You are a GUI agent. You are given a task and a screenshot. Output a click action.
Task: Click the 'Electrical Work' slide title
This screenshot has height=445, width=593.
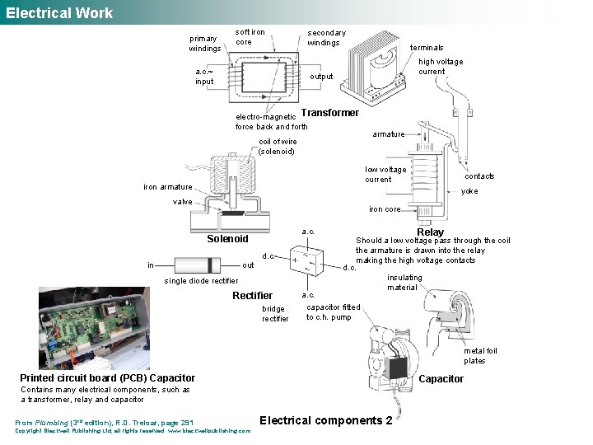pyautogui.click(x=59, y=12)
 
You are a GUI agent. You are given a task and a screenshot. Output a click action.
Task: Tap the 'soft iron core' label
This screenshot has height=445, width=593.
pyautogui.click(x=250, y=37)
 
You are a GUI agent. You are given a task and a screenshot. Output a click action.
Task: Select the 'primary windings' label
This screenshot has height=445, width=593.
pyautogui.click(x=205, y=44)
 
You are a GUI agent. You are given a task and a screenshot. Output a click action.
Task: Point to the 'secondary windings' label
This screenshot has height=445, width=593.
pyautogui.click(x=327, y=38)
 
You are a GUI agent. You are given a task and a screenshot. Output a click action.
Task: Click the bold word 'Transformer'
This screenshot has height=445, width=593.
pyautogui.click(x=331, y=113)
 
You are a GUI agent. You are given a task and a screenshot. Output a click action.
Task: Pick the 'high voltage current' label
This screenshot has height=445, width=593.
pyautogui.click(x=441, y=67)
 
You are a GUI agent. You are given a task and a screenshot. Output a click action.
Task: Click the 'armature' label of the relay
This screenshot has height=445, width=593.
pyautogui.click(x=388, y=133)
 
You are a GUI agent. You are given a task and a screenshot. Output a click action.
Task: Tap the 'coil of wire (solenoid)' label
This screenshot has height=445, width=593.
pyautogui.click(x=277, y=146)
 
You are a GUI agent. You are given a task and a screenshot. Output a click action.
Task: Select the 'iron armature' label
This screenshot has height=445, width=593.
pyautogui.click(x=167, y=187)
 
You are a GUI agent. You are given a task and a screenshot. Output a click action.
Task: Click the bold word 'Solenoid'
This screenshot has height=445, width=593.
pyautogui.click(x=226, y=239)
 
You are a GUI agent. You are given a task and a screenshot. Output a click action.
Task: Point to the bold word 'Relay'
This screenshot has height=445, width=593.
pyautogui.click(x=430, y=232)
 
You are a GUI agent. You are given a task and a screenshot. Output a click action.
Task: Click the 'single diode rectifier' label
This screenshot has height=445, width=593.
pyautogui.click(x=202, y=281)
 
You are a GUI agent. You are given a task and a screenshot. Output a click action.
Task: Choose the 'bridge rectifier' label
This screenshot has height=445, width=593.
pyautogui.click(x=275, y=314)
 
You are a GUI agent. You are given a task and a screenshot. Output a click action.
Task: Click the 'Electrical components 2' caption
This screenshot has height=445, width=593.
pyautogui.click(x=326, y=420)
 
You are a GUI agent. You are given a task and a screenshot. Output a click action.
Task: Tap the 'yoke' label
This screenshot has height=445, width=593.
pyautogui.click(x=469, y=191)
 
